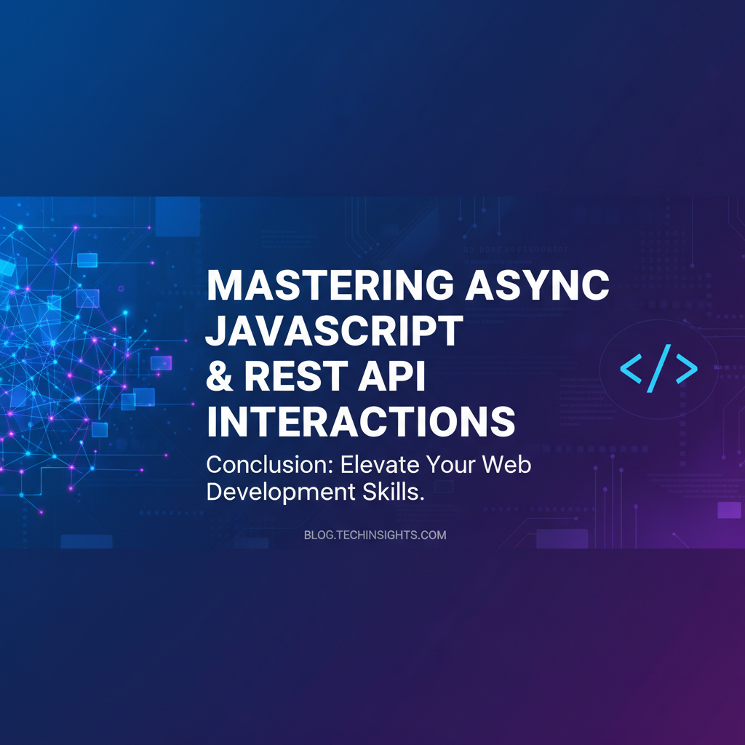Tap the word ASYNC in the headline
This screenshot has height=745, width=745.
[x=538, y=285]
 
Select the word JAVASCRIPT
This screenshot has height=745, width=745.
[x=334, y=330]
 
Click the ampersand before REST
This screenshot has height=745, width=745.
[x=220, y=376]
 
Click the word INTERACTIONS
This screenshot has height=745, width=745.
[x=361, y=421]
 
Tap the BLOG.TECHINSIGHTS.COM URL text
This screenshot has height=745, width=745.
[x=375, y=535]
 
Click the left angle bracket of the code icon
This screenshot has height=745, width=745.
[x=631, y=368]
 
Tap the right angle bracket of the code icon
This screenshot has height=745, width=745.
[x=687, y=368]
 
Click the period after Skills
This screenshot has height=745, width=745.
[x=421, y=499]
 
